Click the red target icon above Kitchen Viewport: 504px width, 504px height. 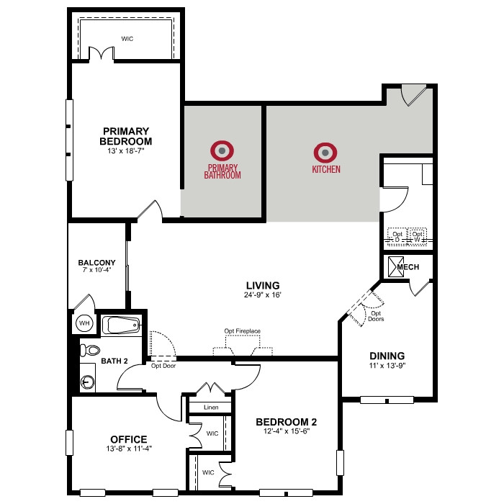[x=325, y=153]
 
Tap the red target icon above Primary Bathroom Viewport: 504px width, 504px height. [x=222, y=150]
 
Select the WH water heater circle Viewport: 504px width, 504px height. [x=84, y=323]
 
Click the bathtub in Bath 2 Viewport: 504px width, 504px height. [x=121, y=325]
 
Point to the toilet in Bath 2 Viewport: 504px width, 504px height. [x=90, y=350]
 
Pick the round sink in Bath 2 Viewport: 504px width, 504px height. [x=87, y=382]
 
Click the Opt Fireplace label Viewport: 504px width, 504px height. [x=243, y=331]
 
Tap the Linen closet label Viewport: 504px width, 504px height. [x=211, y=408]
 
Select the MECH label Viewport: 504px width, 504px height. [x=408, y=267]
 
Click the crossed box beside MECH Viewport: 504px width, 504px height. [x=396, y=267]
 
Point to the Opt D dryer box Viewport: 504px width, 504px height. [x=397, y=237]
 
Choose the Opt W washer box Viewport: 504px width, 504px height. [x=417, y=237]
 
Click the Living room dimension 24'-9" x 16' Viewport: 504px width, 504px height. [x=263, y=294]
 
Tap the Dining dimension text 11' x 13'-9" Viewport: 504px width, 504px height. [x=387, y=366]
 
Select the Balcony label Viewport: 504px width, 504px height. [x=96, y=263]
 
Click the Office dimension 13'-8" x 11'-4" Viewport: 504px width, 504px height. [x=129, y=449]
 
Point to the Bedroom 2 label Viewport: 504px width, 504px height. [x=286, y=422]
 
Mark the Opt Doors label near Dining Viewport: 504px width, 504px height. [x=376, y=316]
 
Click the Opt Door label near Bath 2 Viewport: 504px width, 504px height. [x=163, y=366]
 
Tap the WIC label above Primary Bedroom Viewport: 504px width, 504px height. [x=127, y=39]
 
